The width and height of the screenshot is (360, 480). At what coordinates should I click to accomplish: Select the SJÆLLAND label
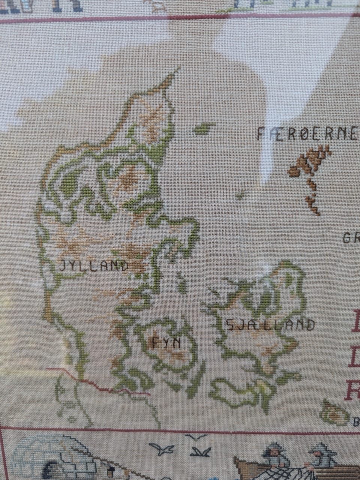270,325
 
